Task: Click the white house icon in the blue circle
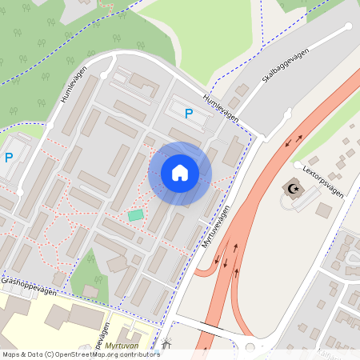tap(180, 173)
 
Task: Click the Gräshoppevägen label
tap(29, 286)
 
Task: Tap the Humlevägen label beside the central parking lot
tap(222, 107)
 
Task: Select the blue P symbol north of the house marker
tap(189, 114)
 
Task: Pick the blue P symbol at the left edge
tap(9, 158)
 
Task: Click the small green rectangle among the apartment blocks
tap(135, 214)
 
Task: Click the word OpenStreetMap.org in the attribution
tap(85, 354)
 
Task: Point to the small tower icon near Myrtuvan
tap(166, 345)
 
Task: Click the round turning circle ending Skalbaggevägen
tap(347, 26)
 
